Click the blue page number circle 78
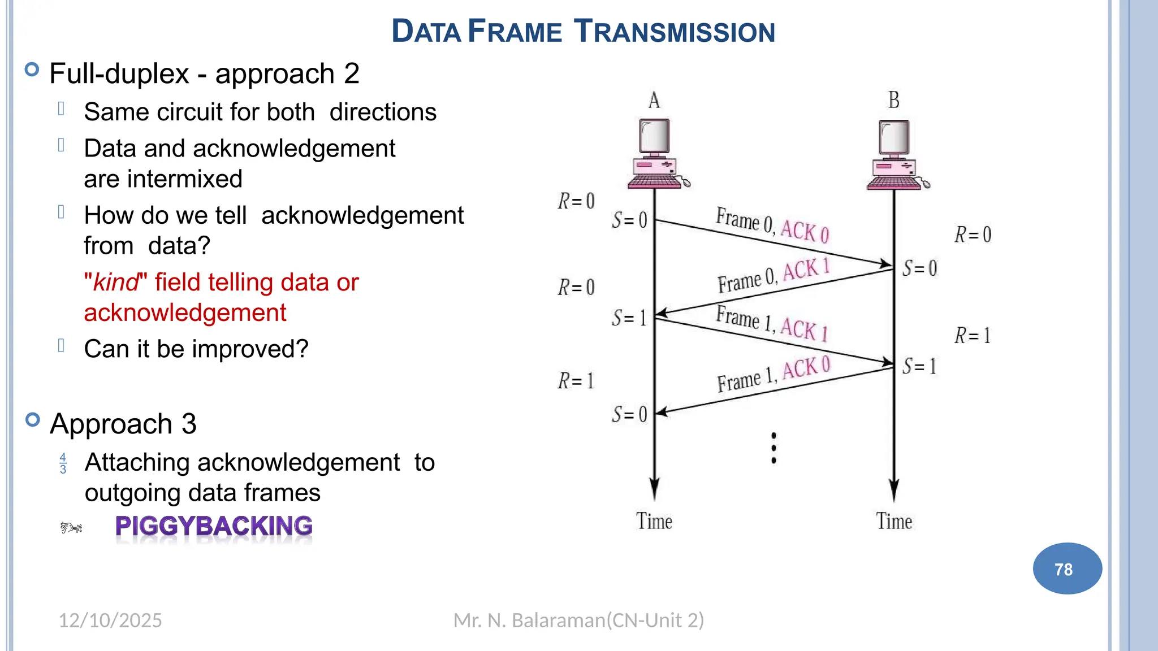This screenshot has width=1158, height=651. pos(1067,568)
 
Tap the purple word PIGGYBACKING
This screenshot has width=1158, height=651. pos(214,526)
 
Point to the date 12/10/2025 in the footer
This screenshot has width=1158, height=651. pos(110,620)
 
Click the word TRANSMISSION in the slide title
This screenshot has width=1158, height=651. pos(674,32)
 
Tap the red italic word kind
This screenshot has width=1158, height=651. pos(116,283)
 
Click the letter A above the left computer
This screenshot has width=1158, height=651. pos(654,100)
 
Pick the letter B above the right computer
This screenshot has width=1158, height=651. pos(894,100)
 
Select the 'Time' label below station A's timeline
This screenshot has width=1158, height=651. pos(654,521)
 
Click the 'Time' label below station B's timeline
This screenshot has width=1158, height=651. pos(894,521)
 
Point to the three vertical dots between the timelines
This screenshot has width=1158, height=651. pos(774,448)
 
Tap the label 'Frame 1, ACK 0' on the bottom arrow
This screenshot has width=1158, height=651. pos(774,374)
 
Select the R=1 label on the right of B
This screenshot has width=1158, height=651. pos(973,336)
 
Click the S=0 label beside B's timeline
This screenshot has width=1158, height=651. pos(919,268)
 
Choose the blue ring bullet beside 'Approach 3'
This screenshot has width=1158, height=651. pos(33,420)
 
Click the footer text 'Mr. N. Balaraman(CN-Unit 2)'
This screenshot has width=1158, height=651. pos(578,620)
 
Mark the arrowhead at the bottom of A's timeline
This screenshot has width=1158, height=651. pos(654,488)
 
